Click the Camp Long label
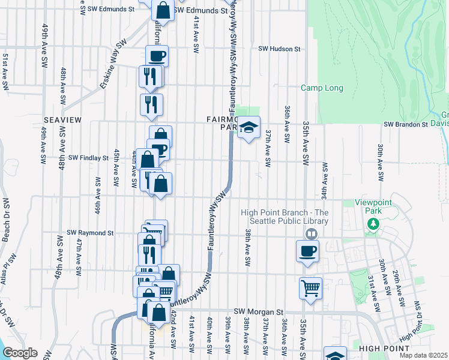(322, 88)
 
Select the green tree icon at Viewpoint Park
(373, 224)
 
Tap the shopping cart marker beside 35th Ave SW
(310, 287)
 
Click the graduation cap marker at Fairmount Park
(249, 127)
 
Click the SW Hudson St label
(279, 49)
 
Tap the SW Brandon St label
(405, 124)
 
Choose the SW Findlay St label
(88, 158)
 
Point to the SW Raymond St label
(90, 232)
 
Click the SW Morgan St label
(258, 311)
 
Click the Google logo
(19, 353)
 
